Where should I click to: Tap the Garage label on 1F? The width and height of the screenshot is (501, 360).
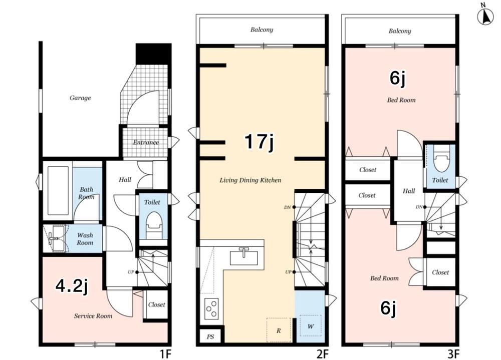(80, 98)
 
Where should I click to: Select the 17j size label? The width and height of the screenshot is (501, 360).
(259, 142)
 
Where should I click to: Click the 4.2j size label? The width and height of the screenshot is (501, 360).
(72, 285)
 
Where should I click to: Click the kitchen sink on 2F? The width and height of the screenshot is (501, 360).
(244, 257)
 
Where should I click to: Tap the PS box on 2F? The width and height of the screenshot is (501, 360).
(210, 336)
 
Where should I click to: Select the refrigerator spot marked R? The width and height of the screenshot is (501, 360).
(279, 330)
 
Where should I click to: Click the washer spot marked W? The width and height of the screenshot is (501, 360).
(310, 326)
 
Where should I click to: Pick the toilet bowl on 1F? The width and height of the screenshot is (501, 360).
(153, 224)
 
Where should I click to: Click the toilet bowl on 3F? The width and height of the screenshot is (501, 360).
(442, 159)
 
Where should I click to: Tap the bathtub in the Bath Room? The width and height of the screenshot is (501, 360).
(58, 191)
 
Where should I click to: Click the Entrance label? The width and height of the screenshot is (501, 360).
(146, 143)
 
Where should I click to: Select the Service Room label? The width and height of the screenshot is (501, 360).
(93, 316)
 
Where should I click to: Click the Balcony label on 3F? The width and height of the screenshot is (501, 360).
(400, 31)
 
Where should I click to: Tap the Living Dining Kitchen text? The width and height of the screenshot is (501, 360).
(250, 180)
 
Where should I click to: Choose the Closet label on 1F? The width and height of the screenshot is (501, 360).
(156, 305)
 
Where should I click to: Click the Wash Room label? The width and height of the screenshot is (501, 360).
(85, 239)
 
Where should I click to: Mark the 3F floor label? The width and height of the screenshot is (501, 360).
(453, 354)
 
